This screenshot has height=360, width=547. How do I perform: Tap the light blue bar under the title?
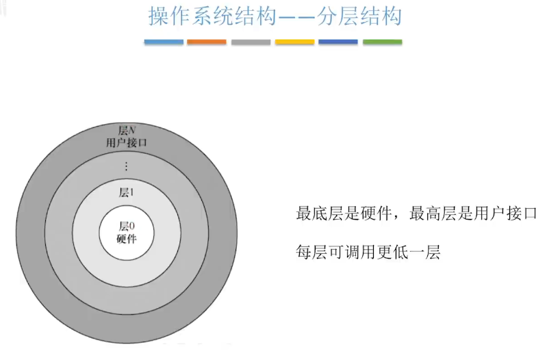(x=164, y=42)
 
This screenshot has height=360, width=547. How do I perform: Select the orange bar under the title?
(x=207, y=42)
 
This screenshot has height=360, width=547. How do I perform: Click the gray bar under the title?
(x=251, y=42)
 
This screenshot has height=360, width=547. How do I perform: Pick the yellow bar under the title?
(x=294, y=42)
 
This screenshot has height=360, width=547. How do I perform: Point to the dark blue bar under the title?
(x=338, y=42)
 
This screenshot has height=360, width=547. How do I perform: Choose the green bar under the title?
(x=382, y=42)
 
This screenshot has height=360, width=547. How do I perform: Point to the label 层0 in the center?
(x=127, y=227)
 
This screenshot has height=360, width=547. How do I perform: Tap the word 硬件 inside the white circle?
(x=127, y=239)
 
